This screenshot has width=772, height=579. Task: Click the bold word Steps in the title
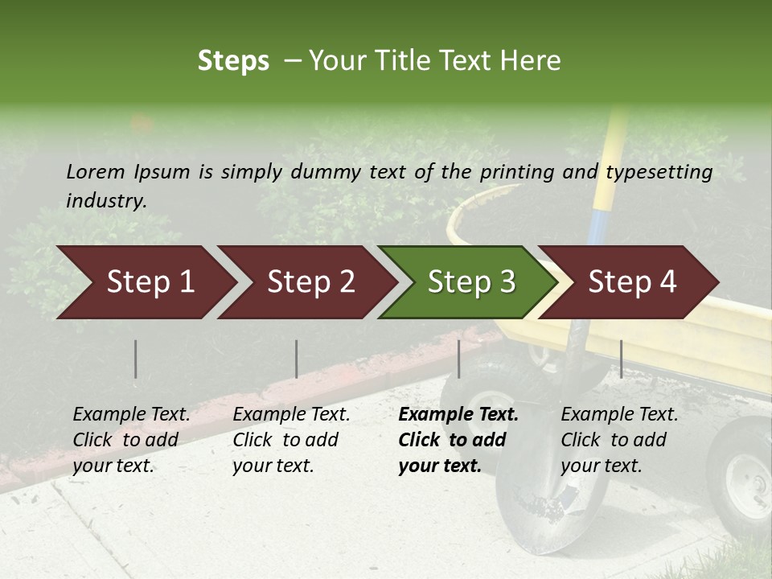pos(233,61)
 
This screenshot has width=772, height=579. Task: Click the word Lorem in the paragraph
pos(96,171)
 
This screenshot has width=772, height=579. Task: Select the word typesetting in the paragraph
pos(659,172)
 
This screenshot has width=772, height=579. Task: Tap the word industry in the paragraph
pos(106,200)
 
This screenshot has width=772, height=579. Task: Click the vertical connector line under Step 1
pos(136,359)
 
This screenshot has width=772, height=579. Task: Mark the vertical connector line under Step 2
pos(297,359)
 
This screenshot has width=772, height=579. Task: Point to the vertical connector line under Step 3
pos(459,359)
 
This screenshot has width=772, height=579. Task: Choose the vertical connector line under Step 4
pos(621,359)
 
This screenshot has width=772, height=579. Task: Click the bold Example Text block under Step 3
pos(458,440)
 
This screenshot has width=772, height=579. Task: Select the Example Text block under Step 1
pos(131,440)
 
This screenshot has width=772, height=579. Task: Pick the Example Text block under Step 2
pos(291,440)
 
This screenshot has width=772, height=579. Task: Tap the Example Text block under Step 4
pos(619,440)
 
